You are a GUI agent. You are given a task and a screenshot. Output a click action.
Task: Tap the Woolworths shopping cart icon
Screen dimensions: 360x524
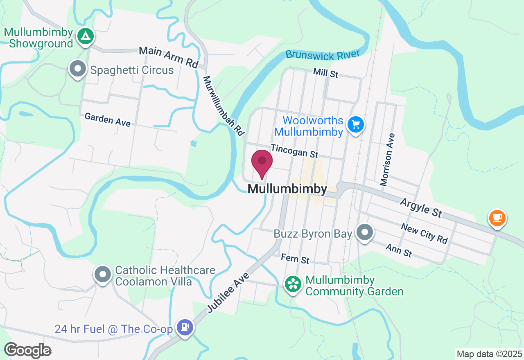click(355, 124)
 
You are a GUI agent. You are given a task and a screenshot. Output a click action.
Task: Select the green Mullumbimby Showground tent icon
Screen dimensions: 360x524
click(85, 36)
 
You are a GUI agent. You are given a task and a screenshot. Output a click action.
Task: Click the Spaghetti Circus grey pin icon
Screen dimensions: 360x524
click(78, 69)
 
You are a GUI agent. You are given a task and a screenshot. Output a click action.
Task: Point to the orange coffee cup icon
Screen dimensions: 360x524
click(497, 218)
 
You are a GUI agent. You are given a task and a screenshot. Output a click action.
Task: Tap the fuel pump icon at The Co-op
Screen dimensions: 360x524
click(185, 327)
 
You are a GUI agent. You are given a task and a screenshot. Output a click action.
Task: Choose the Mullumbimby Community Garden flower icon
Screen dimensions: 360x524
click(293, 284)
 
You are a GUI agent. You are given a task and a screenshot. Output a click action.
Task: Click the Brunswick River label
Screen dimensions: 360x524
click(323, 54)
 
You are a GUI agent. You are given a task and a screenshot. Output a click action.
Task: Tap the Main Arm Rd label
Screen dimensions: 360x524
click(168, 57)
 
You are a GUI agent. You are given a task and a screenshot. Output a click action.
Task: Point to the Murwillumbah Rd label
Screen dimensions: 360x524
click(224, 106)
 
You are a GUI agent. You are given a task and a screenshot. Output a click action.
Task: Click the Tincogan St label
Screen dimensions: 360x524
click(294, 151)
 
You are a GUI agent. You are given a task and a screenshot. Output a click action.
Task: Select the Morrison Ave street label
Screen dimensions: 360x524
click(387, 160)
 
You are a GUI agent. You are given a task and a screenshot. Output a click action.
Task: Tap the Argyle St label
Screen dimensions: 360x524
click(421, 207)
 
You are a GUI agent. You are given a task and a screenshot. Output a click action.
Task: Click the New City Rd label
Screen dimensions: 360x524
click(424, 233)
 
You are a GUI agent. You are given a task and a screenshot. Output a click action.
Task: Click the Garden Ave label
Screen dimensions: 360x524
click(107, 119)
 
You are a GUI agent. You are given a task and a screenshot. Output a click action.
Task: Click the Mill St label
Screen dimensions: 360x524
click(325, 74)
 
